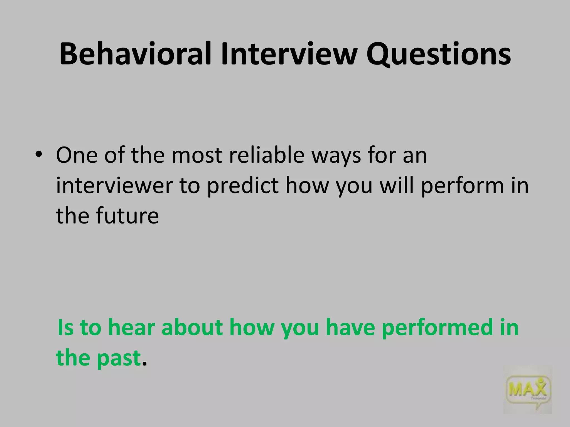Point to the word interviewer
pos(114,185)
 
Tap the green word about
pos(192,327)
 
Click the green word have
pos(350,327)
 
